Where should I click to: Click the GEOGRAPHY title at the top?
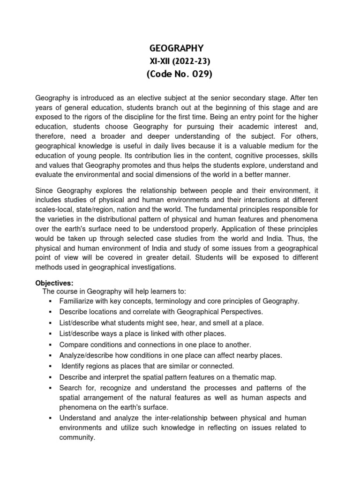click(x=176, y=48)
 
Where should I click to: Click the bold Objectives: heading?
click(x=54, y=283)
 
